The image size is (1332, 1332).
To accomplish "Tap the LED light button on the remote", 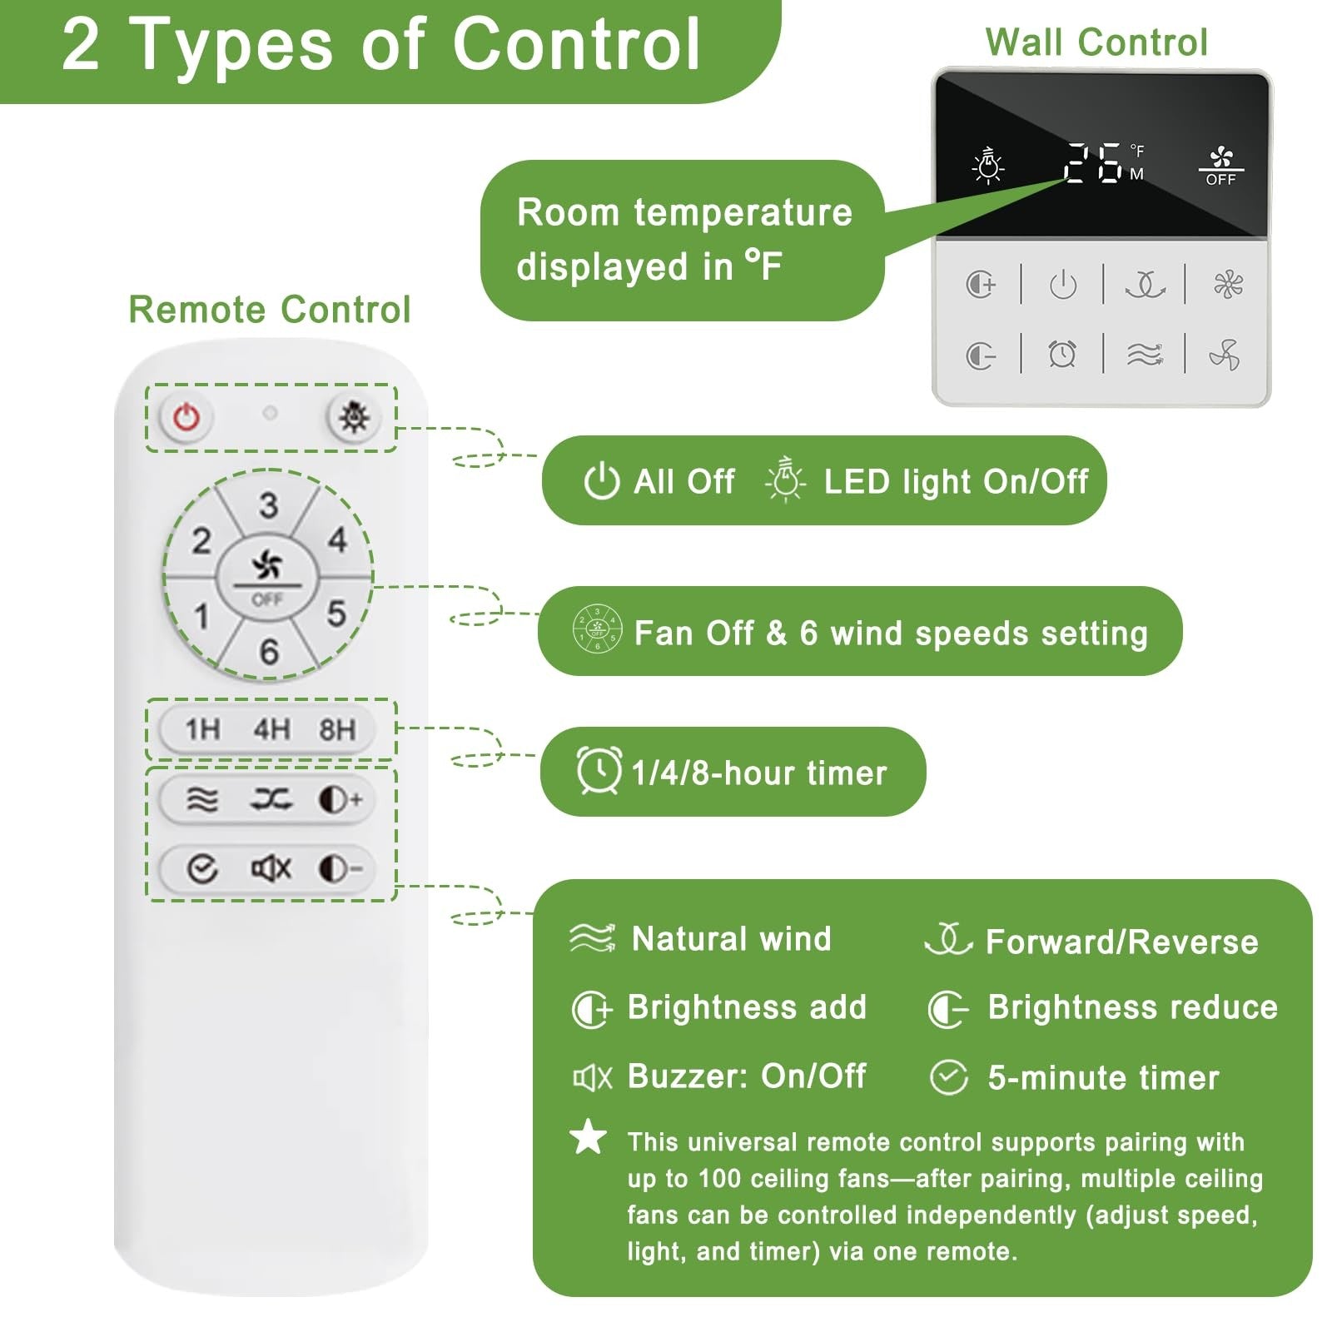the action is tap(355, 417).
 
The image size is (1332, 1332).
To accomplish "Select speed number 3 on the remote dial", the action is tap(268, 505).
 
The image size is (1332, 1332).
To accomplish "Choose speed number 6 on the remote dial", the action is tap(269, 651).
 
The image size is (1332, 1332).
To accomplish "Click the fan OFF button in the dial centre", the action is tap(267, 576).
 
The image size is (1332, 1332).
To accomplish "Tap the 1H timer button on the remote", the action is tap(203, 730).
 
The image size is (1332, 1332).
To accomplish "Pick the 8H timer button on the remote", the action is tap(337, 730).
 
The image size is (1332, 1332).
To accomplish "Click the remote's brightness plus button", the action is tap(340, 800).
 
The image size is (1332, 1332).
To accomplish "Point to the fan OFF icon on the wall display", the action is tap(1220, 166).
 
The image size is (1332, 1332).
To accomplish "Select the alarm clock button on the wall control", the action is tap(1062, 355).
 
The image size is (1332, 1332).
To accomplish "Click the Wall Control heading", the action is tap(1096, 42).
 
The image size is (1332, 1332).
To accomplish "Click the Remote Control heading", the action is tap(270, 310).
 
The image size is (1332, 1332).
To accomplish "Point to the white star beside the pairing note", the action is tap(589, 1136).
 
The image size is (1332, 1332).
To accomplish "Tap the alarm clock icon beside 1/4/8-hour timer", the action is tap(599, 770).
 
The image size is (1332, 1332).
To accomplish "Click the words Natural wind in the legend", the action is tap(732, 938).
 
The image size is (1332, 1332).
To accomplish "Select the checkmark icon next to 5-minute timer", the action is tap(949, 1077).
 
